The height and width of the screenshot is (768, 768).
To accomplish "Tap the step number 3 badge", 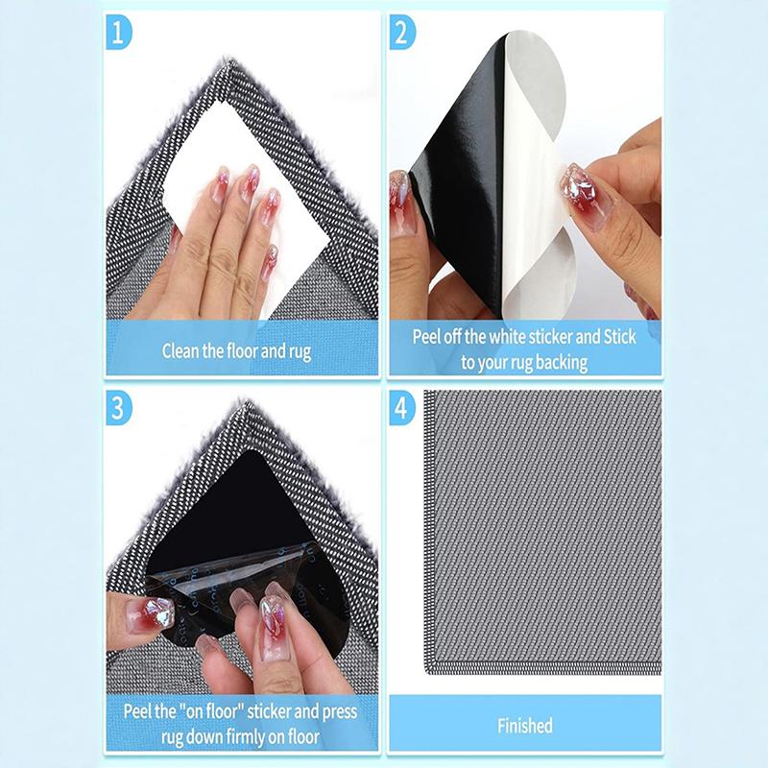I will [x=117, y=407].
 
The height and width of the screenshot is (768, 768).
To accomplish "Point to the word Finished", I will [x=524, y=725].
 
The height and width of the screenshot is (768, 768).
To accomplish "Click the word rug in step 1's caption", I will [x=300, y=351].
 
